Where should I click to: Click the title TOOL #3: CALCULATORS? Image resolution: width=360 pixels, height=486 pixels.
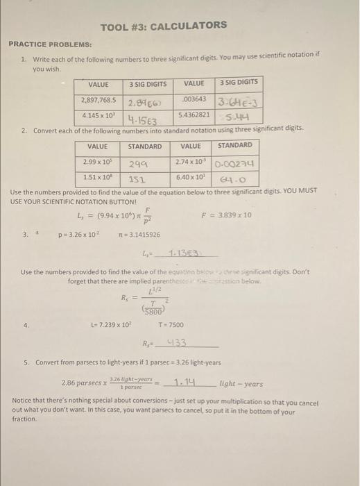(x=163, y=26)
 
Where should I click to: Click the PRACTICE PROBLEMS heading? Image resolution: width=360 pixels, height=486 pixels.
(x=50, y=44)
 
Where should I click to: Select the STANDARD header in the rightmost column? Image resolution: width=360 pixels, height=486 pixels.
(x=235, y=146)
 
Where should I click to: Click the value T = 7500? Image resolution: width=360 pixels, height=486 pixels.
(x=171, y=324)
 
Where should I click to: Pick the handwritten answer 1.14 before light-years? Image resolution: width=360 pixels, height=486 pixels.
(x=187, y=382)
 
